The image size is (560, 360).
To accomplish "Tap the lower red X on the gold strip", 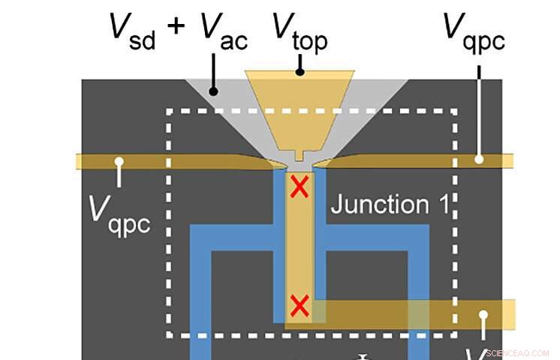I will pos(300,306).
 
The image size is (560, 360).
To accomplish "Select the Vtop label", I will pos(299,31).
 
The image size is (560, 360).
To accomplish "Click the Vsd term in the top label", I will pos(131,31).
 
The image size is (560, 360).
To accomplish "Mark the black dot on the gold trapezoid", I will pos(300,73).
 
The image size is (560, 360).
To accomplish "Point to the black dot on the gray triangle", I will pos(213,91).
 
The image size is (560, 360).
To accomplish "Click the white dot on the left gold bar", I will pos(118,160).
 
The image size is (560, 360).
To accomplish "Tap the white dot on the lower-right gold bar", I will pos(484,315).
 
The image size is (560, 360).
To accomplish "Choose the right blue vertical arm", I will pos(418,300).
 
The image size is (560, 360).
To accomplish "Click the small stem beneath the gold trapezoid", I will pos(300,156).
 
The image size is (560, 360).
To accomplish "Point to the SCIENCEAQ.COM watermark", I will pos(519,352).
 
